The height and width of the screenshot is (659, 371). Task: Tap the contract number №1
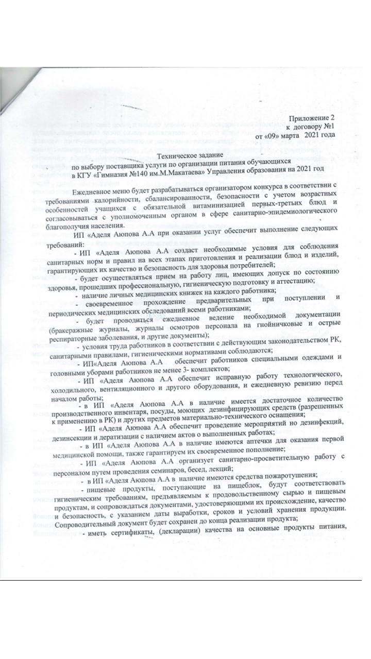click(x=328, y=127)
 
